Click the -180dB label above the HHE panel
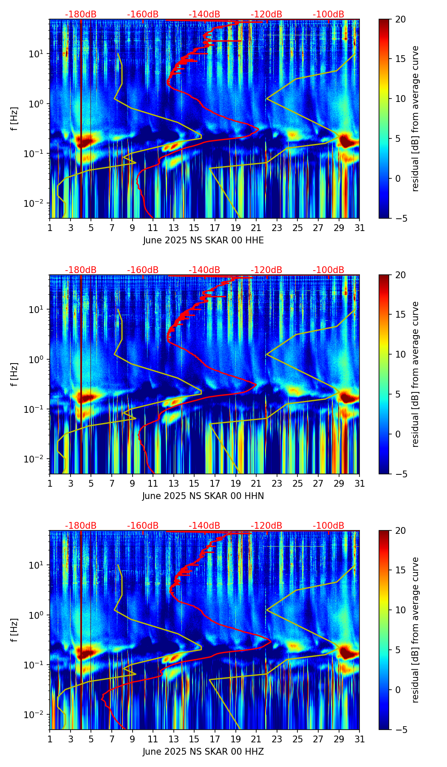(x=81, y=14)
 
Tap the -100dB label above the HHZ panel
(x=328, y=526)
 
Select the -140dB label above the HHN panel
(x=204, y=270)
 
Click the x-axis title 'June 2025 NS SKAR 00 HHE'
(x=203, y=240)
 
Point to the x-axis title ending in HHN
(x=203, y=496)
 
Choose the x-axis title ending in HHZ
(x=203, y=752)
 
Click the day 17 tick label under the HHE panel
(x=215, y=228)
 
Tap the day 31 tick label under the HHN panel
(x=359, y=483)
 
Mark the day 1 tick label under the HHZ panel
(x=50, y=739)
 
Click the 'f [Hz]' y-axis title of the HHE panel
(x=14, y=119)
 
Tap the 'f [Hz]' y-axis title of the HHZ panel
(x=14, y=630)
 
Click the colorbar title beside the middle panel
(x=416, y=374)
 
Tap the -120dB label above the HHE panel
(x=266, y=14)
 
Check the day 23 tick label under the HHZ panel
(x=277, y=739)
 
